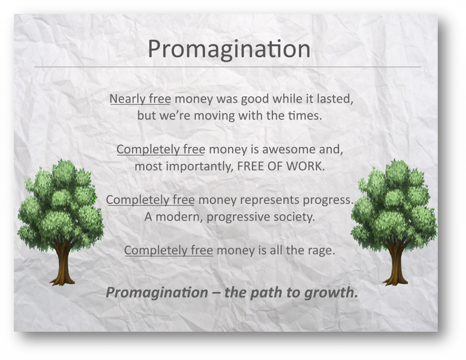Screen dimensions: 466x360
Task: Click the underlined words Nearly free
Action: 140,99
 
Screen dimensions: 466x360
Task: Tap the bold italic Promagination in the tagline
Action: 157,293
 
